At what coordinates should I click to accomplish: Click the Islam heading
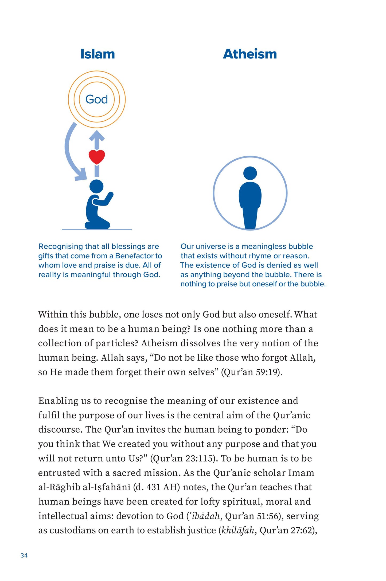pyautogui.click(x=98, y=54)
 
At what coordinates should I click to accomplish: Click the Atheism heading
pyautogui.click(x=250, y=54)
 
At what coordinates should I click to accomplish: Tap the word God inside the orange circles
pyautogui.click(x=96, y=99)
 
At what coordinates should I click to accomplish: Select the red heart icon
pyautogui.click(x=97, y=157)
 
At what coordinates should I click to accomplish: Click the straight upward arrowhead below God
pyautogui.click(x=97, y=135)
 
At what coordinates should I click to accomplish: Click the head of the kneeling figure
pyautogui.click(x=96, y=186)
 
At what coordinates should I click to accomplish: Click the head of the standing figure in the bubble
pyautogui.click(x=250, y=173)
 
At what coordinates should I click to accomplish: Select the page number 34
pyautogui.click(x=24, y=555)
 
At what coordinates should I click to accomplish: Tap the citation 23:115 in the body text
pyautogui.click(x=200, y=458)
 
